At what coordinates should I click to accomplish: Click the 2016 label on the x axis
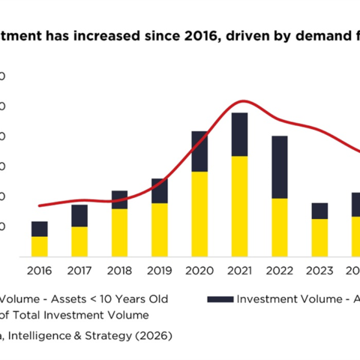point(40,271)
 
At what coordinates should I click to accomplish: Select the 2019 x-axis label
point(160,271)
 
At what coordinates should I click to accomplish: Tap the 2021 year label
point(240,271)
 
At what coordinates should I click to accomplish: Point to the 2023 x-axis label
point(319,271)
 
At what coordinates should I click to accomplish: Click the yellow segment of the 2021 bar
point(240,206)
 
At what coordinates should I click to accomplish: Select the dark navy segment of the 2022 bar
point(280,166)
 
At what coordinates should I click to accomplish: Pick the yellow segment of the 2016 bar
point(40,246)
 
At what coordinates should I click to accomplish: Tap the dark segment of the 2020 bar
point(200,151)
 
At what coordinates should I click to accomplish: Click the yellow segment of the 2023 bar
point(319,237)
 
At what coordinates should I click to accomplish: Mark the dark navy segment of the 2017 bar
point(79,215)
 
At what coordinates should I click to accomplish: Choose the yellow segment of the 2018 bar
point(120,232)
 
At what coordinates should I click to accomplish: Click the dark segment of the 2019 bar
point(160,190)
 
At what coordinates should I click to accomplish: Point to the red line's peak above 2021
point(240,100)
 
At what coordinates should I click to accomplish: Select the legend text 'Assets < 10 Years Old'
point(109,298)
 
